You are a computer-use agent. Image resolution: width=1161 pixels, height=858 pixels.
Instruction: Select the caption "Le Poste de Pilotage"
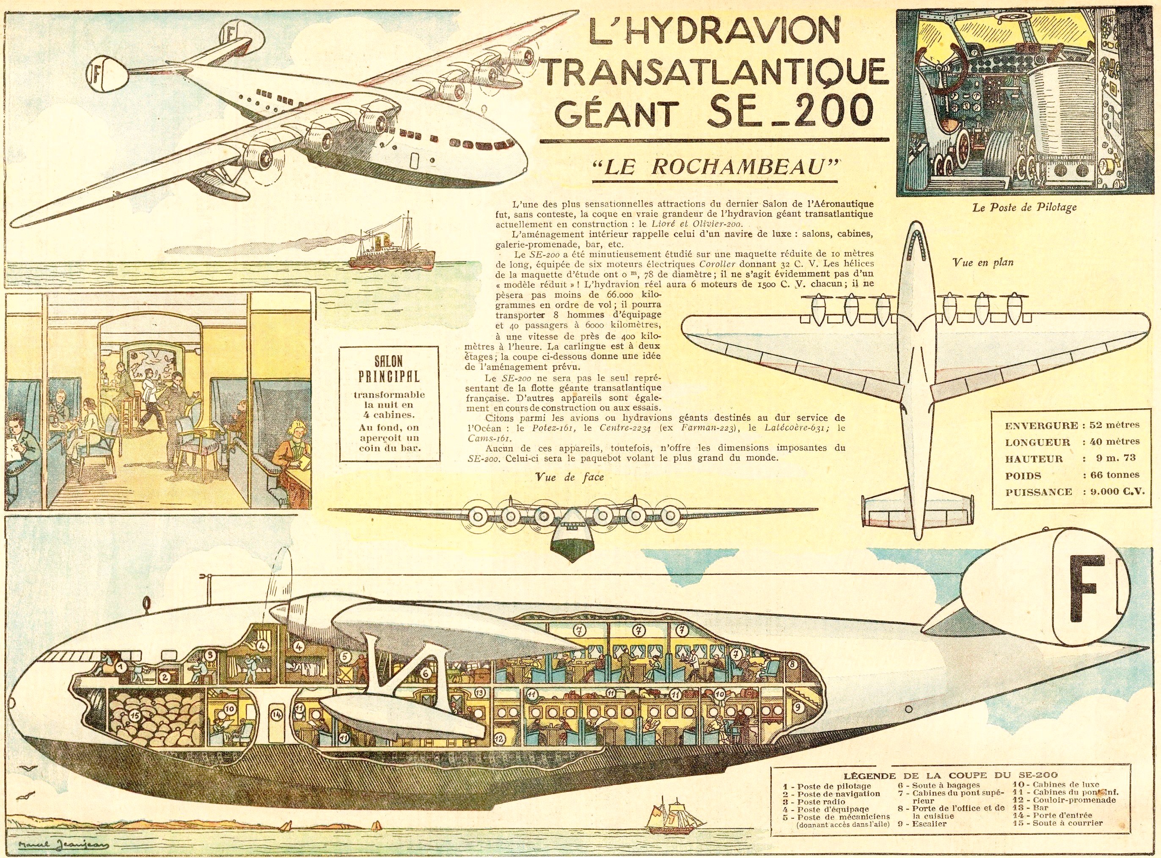[x=1017, y=207]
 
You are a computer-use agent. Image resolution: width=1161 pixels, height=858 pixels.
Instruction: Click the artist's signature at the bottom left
[x=56, y=843]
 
